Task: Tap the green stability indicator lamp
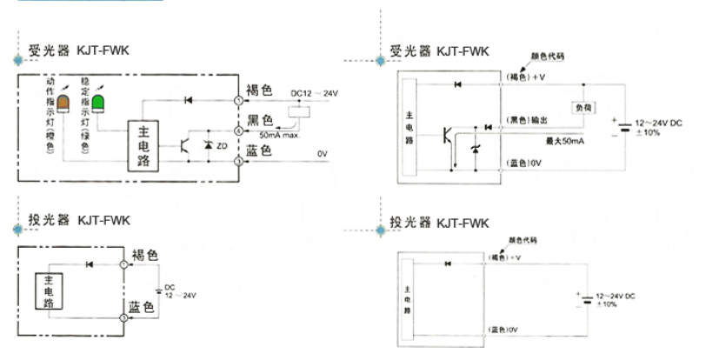[x=98, y=103]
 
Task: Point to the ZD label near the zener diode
[x=223, y=145]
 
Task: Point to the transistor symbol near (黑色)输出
[x=448, y=135]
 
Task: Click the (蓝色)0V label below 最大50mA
[x=524, y=163]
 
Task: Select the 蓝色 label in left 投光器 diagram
[x=143, y=308]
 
